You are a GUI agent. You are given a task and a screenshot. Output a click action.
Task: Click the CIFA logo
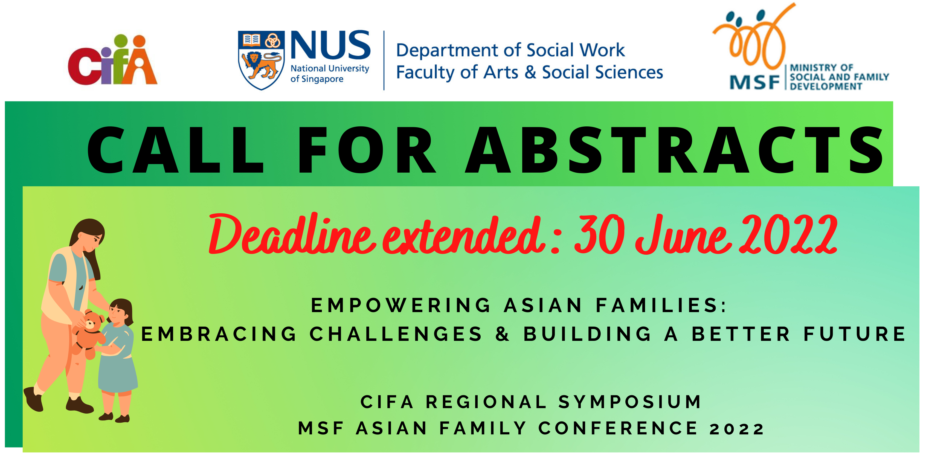[112, 60]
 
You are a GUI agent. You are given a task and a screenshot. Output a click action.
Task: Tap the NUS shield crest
[261, 60]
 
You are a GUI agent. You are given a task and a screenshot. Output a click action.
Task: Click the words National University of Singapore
[330, 73]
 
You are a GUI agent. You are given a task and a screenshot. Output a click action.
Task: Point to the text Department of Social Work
[510, 50]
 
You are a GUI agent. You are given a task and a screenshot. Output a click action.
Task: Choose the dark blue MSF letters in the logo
[754, 82]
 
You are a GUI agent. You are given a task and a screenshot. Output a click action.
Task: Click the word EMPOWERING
[400, 306]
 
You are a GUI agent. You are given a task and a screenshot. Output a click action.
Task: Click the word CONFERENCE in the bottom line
[618, 428]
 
